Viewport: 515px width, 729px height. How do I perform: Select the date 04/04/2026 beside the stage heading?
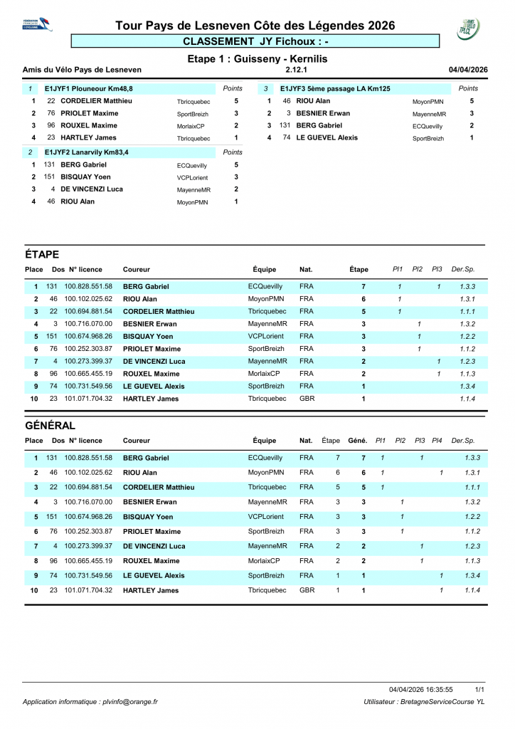pos(468,70)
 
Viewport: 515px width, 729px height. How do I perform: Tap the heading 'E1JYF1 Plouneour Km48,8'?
pos(88,88)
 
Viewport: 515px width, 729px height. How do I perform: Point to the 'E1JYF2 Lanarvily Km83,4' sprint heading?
pos(88,152)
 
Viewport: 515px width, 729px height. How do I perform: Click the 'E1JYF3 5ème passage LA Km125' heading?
pos(335,88)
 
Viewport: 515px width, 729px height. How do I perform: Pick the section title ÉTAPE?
pos(41,254)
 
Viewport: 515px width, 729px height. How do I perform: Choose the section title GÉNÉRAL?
pos(50,425)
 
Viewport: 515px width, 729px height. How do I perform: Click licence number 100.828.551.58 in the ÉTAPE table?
pos(88,286)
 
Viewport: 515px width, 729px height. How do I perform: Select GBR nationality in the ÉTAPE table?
pos(307,399)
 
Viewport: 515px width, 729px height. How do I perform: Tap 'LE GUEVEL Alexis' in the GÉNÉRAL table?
pos(154,575)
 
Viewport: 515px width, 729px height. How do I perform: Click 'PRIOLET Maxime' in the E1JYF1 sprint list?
pos(89,113)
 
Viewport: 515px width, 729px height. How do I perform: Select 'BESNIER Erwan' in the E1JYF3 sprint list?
pos(323,113)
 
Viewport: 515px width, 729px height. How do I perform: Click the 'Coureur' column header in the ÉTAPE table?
pos(136,270)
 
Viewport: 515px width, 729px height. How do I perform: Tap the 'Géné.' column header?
pos(357,441)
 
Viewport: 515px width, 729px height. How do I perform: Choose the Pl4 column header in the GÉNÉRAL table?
pos(437,441)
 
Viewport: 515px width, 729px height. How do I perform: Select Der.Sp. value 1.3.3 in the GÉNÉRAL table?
pos(470,458)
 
